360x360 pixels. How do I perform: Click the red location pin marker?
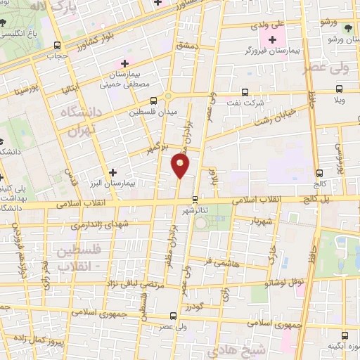[181, 166]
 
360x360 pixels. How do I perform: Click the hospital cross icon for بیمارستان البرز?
[112, 172]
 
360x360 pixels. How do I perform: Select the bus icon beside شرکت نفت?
[244, 92]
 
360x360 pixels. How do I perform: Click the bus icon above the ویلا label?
[340, 89]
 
